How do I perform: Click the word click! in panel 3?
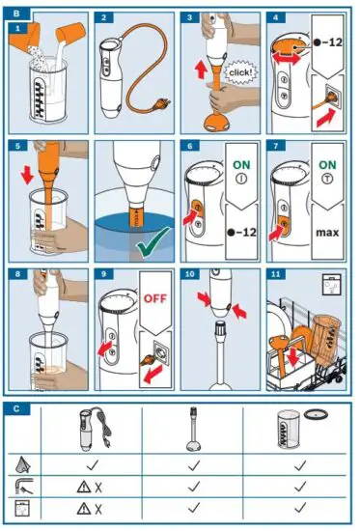240,72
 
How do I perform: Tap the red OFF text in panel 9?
155,298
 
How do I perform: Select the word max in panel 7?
327,233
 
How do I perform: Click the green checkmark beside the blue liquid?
153,241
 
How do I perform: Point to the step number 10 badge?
190,273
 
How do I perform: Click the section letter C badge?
16,408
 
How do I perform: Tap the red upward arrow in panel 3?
201,70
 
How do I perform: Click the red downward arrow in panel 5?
27,176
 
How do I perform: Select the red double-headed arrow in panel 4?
287,59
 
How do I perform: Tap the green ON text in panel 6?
241,165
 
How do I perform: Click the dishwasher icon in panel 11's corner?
331,285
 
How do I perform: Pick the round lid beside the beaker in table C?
316,414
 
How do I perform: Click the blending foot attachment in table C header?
194,430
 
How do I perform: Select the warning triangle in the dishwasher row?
83,508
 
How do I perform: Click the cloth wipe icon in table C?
23,464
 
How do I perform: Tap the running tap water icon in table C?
24,486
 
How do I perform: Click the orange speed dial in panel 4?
287,46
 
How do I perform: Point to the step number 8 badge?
17,273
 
